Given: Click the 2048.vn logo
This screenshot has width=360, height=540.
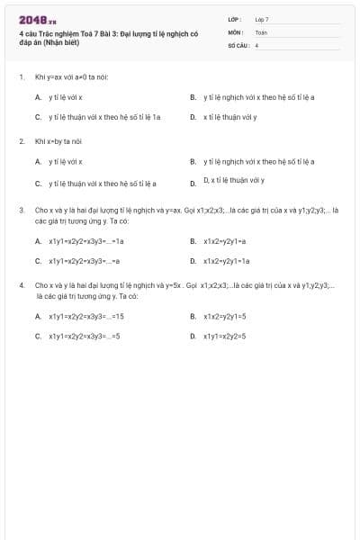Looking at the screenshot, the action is (38, 20).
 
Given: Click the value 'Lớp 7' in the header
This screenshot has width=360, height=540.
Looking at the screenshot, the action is (262, 19).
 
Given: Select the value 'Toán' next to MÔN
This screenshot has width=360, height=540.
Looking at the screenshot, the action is (261, 31).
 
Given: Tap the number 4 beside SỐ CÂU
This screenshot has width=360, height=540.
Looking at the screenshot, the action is (256, 44).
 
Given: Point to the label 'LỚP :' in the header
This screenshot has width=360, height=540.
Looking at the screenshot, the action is (235, 19).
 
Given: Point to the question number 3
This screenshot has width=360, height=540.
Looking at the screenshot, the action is (21, 211).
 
